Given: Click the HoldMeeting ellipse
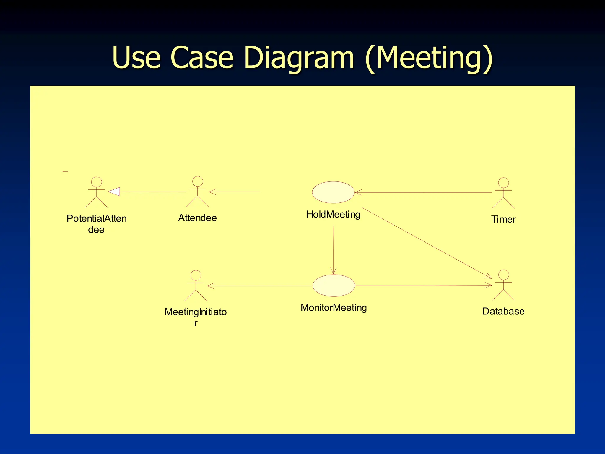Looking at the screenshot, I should pyautogui.click(x=333, y=192).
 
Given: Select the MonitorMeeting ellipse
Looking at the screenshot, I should pyautogui.click(x=334, y=286).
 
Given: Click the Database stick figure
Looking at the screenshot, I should pyautogui.click(x=503, y=285).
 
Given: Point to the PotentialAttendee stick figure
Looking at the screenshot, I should pyautogui.click(x=96, y=192).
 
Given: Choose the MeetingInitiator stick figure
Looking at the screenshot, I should pyautogui.click(x=196, y=286).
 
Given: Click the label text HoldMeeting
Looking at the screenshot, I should pyautogui.click(x=333, y=214).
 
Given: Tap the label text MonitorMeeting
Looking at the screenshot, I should pyautogui.click(x=334, y=308).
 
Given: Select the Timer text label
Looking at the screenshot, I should pyautogui.click(x=503, y=219).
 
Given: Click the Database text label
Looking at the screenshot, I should pyautogui.click(x=503, y=311).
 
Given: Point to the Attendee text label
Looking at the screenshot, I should pyautogui.click(x=197, y=218).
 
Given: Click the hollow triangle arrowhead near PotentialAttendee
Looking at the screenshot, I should pyautogui.click(x=114, y=192).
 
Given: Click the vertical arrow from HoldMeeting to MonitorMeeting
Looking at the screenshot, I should pyautogui.click(x=334, y=250).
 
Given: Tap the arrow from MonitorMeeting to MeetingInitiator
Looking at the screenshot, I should pyautogui.click(x=260, y=286).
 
